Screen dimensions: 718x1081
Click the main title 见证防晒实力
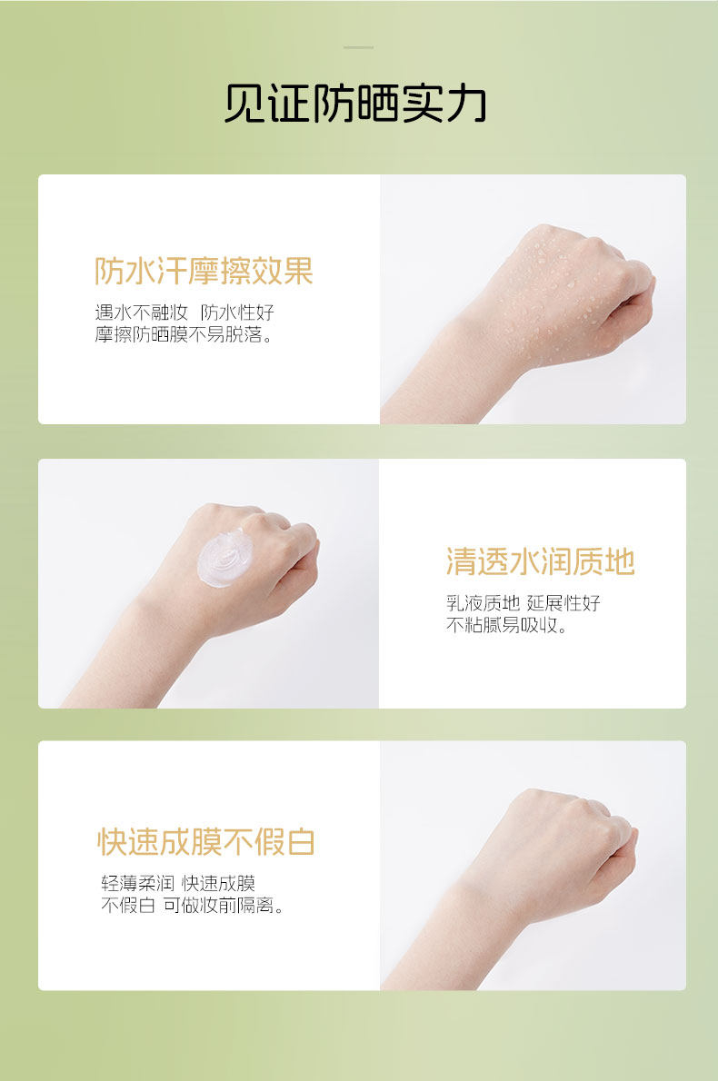356,104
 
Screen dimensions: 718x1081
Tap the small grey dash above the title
359,47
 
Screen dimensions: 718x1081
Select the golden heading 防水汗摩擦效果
204,271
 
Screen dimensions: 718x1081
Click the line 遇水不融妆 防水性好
184,312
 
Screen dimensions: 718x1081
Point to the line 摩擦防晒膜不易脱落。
184,335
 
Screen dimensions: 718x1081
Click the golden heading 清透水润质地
540,561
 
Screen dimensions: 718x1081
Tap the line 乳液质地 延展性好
524,603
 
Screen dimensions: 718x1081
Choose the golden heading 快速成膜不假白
206,842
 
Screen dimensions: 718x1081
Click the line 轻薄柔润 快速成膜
178,883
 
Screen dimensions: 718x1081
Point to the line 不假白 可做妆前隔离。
193,905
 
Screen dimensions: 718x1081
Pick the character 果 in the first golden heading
299,271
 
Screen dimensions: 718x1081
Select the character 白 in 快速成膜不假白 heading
301,842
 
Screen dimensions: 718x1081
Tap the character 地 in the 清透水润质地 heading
620,561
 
